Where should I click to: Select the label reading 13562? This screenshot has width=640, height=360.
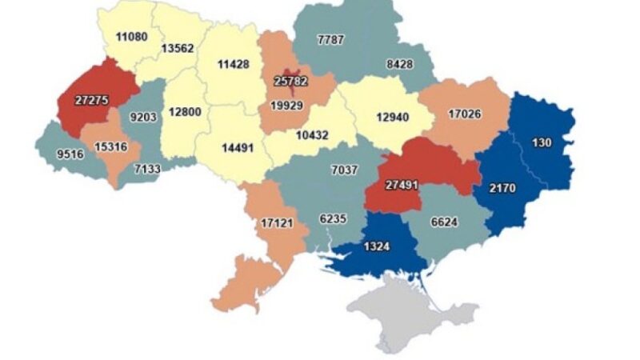pos(177,47)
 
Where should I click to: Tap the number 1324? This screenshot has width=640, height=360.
pos(375,246)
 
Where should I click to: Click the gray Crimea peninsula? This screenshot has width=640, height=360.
pos(408,308)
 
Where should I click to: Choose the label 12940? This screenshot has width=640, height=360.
pos(393,118)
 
